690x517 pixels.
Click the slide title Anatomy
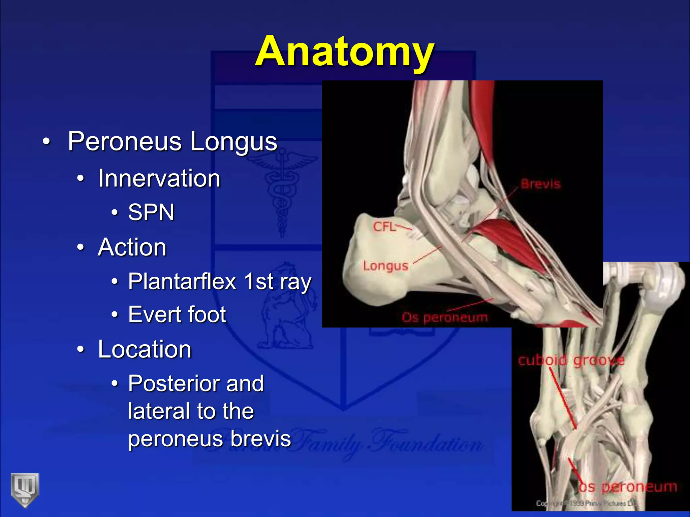click(x=344, y=52)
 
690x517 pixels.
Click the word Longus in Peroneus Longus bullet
click(x=233, y=142)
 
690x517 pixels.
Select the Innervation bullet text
click(x=159, y=178)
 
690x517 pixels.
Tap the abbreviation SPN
click(x=151, y=213)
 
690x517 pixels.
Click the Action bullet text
click(x=132, y=247)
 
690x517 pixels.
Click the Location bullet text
click(x=145, y=349)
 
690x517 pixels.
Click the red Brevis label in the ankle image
click(x=540, y=184)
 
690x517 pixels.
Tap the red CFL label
click(x=384, y=227)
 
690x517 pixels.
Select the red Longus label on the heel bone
click(x=386, y=266)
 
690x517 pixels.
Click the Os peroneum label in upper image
click(x=445, y=317)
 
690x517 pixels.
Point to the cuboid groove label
click(x=571, y=360)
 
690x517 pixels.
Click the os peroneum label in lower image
click(x=628, y=487)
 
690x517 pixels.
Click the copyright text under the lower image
click(x=586, y=504)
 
